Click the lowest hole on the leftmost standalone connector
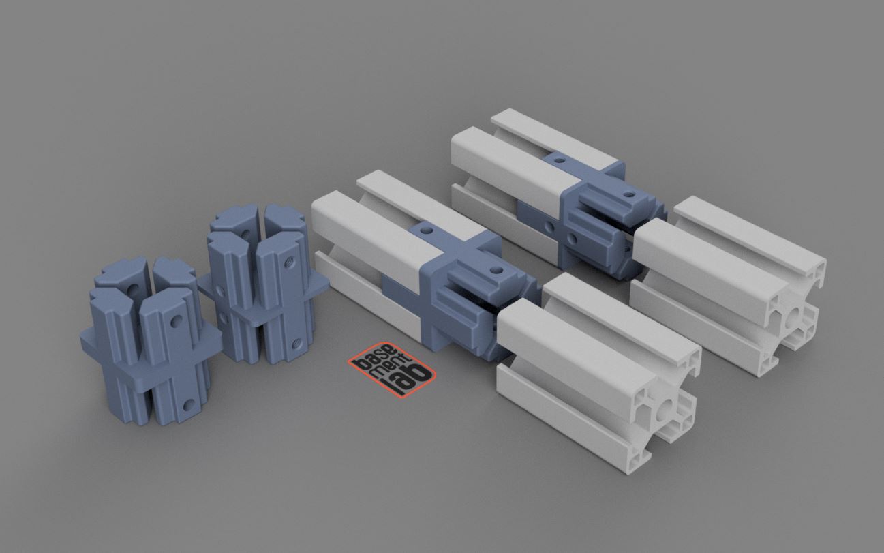(189, 404)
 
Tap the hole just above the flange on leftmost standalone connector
(176, 321)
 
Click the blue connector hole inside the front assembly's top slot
(427, 228)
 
